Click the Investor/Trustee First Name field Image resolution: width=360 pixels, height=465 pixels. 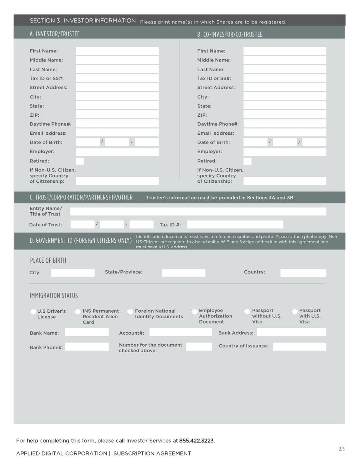coord(117,51)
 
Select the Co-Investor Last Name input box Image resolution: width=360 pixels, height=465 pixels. coord(284,70)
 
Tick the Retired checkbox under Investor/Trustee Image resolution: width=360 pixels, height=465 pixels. coord(80,161)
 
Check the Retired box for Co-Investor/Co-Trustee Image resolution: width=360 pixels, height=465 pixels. coord(248,161)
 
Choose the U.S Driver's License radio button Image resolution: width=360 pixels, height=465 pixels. coord(33,312)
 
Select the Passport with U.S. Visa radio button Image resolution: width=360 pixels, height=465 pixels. coord(295,311)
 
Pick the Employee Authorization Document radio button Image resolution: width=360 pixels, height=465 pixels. coord(194,311)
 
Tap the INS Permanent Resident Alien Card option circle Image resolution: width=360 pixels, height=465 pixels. coord(78,312)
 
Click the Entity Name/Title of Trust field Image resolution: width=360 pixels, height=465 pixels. coord(198,212)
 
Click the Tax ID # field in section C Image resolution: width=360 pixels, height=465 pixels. coord(235,225)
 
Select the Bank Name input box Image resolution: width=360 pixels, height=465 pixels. coord(87,333)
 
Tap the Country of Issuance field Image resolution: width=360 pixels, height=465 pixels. coord(299,347)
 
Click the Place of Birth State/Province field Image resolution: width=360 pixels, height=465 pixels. coord(184,273)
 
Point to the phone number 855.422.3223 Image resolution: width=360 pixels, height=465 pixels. coord(197,441)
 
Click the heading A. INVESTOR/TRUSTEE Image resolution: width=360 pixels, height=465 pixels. coord(55,34)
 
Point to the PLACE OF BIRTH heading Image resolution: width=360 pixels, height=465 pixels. coord(48,261)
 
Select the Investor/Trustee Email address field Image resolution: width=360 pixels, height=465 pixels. coord(117,133)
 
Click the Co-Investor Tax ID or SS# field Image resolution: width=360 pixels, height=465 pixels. coord(284,78)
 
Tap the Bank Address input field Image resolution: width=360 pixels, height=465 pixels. coord(291,332)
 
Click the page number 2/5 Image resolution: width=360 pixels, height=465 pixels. coord(342,449)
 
